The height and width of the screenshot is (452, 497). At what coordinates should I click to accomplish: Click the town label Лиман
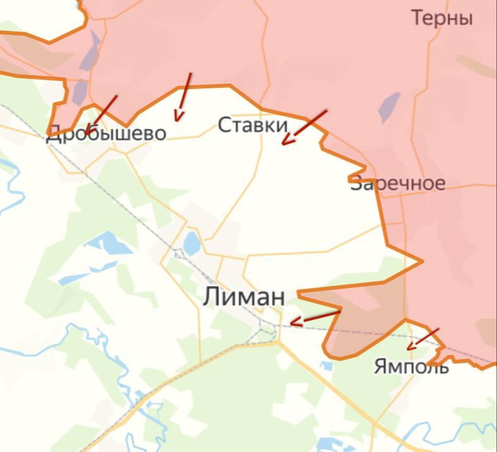tap(244, 297)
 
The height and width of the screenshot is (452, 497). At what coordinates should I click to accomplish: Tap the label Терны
tap(442, 18)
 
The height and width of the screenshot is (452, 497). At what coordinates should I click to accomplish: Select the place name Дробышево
tap(106, 133)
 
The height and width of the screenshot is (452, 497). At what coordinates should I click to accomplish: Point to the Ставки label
tap(253, 125)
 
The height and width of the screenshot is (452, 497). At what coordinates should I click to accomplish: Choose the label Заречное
tap(398, 184)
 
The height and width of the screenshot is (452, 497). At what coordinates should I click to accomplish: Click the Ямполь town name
tap(411, 366)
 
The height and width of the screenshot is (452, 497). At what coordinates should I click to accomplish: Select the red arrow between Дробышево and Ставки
tap(183, 97)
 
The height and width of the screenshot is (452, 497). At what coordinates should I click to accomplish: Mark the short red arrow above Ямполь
tap(422, 338)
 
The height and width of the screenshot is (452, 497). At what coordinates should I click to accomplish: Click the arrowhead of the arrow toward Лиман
tap(293, 323)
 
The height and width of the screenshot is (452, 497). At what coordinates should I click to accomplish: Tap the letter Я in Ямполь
tap(380, 366)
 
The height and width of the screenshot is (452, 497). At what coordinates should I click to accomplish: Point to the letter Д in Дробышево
tap(54, 134)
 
